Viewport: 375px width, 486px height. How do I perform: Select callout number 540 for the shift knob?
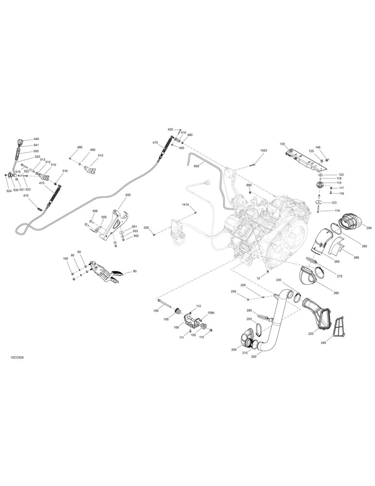click(36, 139)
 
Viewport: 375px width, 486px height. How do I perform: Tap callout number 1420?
click(263, 150)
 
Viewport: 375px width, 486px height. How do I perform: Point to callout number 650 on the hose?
click(196, 166)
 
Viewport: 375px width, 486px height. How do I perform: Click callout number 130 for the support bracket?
click(282, 144)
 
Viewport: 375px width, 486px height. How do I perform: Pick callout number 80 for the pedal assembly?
click(134, 271)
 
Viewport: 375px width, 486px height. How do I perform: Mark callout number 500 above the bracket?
click(128, 195)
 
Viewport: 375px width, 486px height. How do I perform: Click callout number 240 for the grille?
click(324, 343)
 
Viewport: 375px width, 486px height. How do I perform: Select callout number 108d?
click(211, 312)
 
